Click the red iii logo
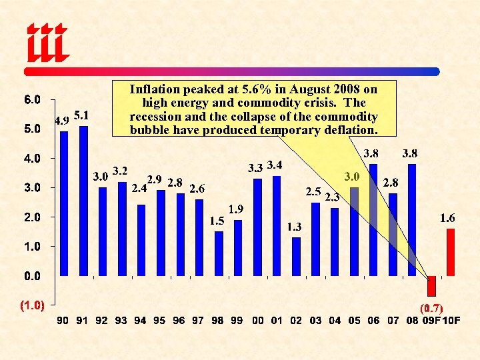(47, 42)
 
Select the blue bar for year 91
(83, 200)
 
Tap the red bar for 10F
(451, 252)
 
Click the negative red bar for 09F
(431, 285)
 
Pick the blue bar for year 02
(296, 256)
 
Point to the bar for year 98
(219, 253)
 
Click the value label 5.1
(83, 115)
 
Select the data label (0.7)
(432, 308)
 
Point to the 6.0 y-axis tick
(32, 100)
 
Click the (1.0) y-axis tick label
(32, 305)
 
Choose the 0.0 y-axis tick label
(32, 275)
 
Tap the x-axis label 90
(63, 321)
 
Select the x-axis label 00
(258, 321)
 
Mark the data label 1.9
(236, 209)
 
